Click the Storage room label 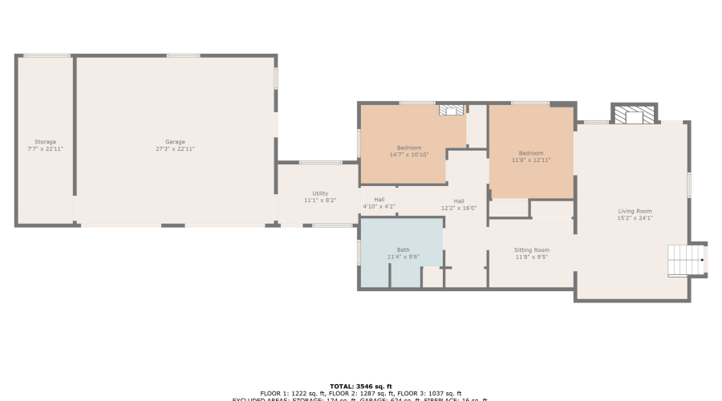[x=45, y=142]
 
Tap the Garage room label [x=175, y=142]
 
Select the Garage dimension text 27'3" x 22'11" [x=175, y=149]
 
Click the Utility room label [x=320, y=193]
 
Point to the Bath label [x=403, y=249]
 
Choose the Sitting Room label [x=532, y=250]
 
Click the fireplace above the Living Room [x=634, y=115]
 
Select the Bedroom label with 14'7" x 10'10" [x=409, y=148]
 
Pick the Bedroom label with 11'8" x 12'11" [x=530, y=153]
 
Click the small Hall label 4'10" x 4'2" [x=379, y=200]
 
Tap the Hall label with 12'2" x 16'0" [x=459, y=201]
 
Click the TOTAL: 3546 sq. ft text [x=360, y=387]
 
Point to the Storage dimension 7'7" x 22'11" [x=45, y=149]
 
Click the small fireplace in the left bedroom [x=452, y=111]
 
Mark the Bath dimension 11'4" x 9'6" [x=403, y=257]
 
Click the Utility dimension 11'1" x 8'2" [x=320, y=200]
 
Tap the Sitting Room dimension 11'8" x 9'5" [x=532, y=257]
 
